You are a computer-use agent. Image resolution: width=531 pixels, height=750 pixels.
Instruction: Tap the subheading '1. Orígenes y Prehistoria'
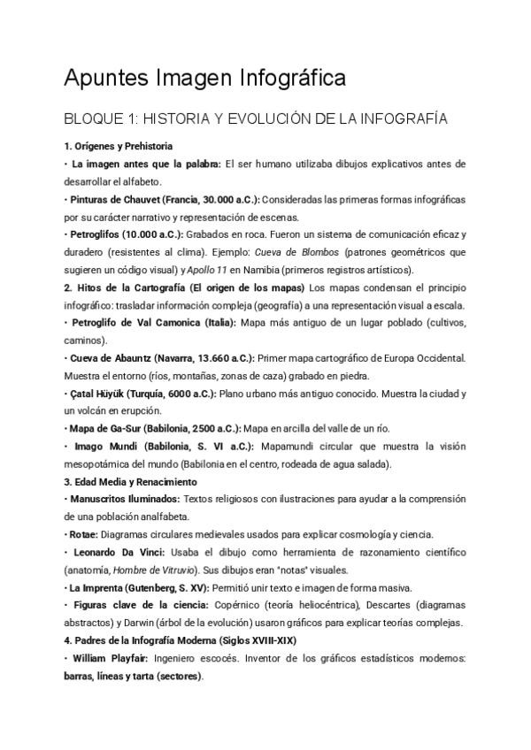[x=119, y=146]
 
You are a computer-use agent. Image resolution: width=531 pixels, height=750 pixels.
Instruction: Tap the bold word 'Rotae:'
[x=84, y=535]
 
